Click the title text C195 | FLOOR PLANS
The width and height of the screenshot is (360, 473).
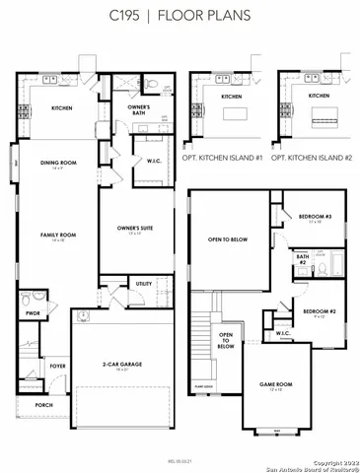(x=180, y=16)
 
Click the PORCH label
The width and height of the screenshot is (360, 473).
(x=43, y=405)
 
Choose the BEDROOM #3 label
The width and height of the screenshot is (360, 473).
(x=316, y=216)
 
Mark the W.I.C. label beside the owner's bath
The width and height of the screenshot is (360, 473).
(x=154, y=161)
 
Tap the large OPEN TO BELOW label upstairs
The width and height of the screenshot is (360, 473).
(x=227, y=239)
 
